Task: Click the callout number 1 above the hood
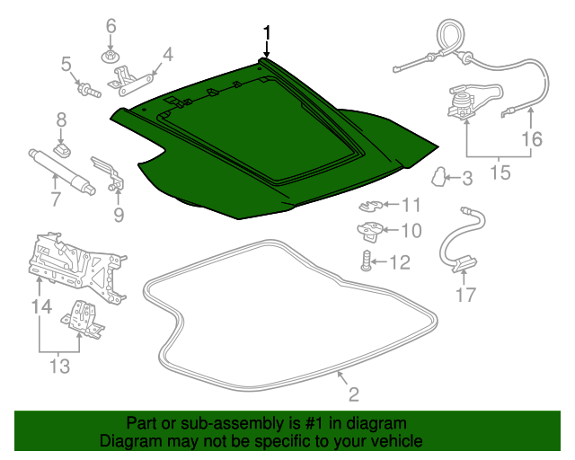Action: pyautogui.click(x=267, y=32)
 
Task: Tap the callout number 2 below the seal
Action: pyautogui.click(x=353, y=394)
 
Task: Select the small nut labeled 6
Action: pyautogui.click(x=110, y=57)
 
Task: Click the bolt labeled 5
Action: pyautogui.click(x=88, y=90)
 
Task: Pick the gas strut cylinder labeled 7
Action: pyautogui.click(x=61, y=171)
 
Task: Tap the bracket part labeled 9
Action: pyautogui.click(x=109, y=173)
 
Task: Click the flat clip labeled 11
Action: pyautogui.click(x=370, y=206)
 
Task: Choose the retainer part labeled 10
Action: pyautogui.click(x=369, y=231)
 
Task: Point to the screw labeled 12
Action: pyautogui.click(x=366, y=261)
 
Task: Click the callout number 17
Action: pyautogui.click(x=465, y=295)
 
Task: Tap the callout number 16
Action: pyautogui.click(x=532, y=139)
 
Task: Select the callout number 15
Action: pyautogui.click(x=500, y=172)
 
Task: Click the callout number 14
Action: pyautogui.click(x=41, y=306)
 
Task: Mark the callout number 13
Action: pyautogui.click(x=59, y=366)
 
